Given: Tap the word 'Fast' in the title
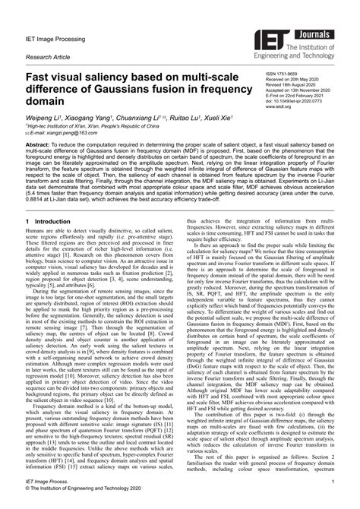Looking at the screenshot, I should click(x=39, y=78).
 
